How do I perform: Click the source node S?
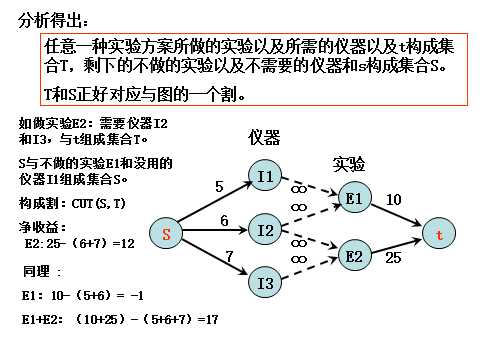(167, 234)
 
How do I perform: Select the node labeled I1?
(265, 177)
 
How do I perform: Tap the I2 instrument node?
(265, 231)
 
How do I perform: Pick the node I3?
(265, 284)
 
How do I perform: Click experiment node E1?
(353, 198)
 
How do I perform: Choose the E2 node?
(353, 256)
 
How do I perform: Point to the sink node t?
(437, 234)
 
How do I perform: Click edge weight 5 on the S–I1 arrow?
(219, 186)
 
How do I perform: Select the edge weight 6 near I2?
(224, 220)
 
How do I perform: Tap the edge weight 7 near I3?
(229, 257)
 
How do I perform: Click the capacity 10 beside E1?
(393, 200)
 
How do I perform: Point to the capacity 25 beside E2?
(393, 258)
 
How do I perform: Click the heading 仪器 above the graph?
(265, 137)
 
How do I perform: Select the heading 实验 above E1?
(349, 162)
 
